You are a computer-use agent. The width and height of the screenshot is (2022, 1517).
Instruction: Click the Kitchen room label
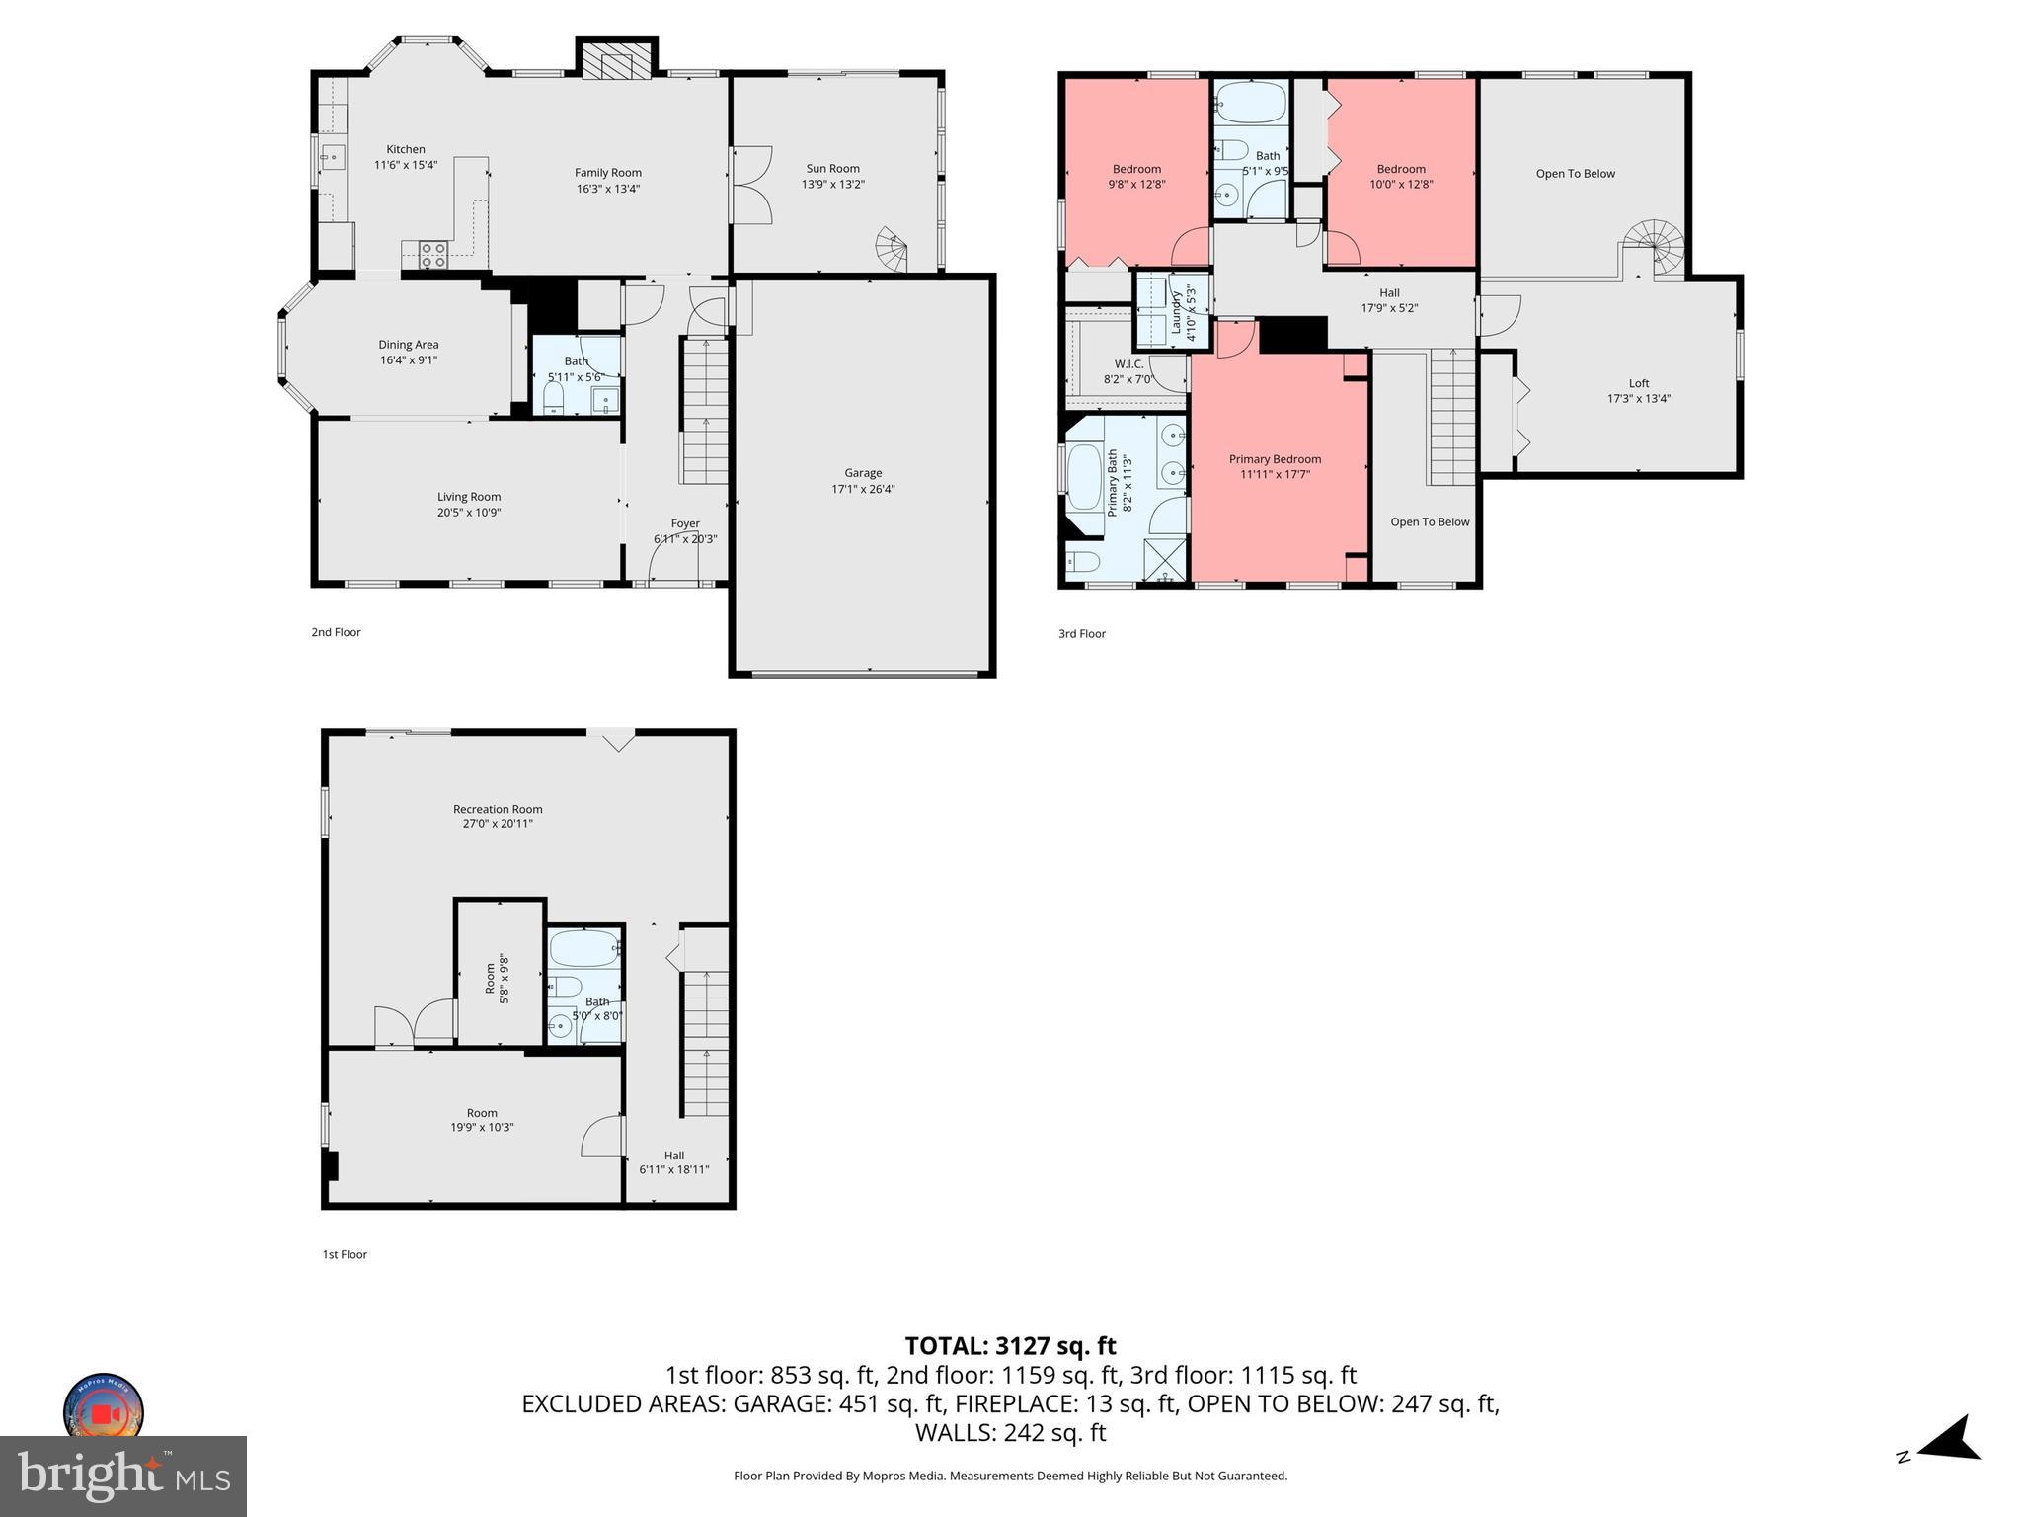point(405,149)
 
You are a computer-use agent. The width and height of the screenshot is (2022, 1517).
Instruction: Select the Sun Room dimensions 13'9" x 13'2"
point(832,185)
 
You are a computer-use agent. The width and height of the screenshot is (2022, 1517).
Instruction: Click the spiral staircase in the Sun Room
point(893,250)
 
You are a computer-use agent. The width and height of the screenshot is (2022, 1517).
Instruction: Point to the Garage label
point(863,473)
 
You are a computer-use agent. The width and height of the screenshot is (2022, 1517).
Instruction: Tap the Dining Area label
point(408,345)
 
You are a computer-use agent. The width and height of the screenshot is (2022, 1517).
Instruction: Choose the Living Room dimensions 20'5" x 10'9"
point(469,513)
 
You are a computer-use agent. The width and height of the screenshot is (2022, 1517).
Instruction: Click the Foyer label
point(685,523)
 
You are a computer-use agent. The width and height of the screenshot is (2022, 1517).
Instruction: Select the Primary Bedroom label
point(1274,459)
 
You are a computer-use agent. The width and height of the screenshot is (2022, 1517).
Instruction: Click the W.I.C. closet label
point(1128,364)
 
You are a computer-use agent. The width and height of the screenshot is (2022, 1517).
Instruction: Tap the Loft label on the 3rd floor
point(1638,383)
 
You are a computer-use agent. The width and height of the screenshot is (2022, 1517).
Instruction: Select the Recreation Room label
point(498,809)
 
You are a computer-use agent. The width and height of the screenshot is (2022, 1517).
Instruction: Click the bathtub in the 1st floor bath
point(583,949)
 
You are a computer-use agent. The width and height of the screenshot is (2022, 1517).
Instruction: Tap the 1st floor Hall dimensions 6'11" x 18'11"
point(673,1170)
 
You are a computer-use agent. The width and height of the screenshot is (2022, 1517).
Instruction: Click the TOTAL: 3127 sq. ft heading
point(1010,1345)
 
